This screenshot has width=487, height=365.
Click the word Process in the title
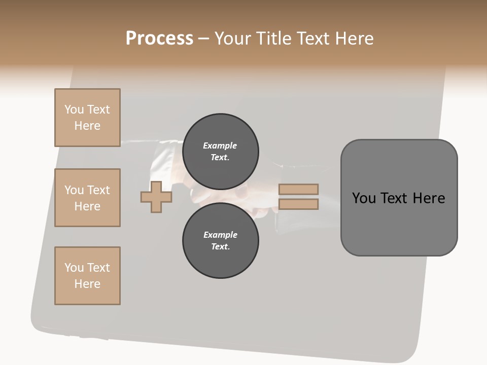click(159, 39)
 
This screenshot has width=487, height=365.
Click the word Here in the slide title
click(353, 39)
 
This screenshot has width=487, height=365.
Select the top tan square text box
click(87, 118)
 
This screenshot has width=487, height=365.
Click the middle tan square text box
click(87, 198)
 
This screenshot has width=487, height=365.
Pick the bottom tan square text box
click(87, 276)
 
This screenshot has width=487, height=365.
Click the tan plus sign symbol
click(156, 197)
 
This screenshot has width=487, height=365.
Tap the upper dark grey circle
click(220, 151)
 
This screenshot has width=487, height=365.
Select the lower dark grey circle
click(220, 241)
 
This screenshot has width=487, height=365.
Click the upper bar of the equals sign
click(298, 189)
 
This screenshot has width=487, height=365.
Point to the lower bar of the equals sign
click(298, 204)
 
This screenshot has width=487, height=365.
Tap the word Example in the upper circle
click(220, 145)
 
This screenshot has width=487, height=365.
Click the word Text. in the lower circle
click(220, 246)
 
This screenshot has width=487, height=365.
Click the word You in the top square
click(74, 109)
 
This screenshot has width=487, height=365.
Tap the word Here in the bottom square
click(87, 284)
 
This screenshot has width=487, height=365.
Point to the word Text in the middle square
click(98, 190)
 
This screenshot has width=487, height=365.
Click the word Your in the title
click(234, 39)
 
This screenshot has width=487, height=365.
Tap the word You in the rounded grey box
click(363, 198)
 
